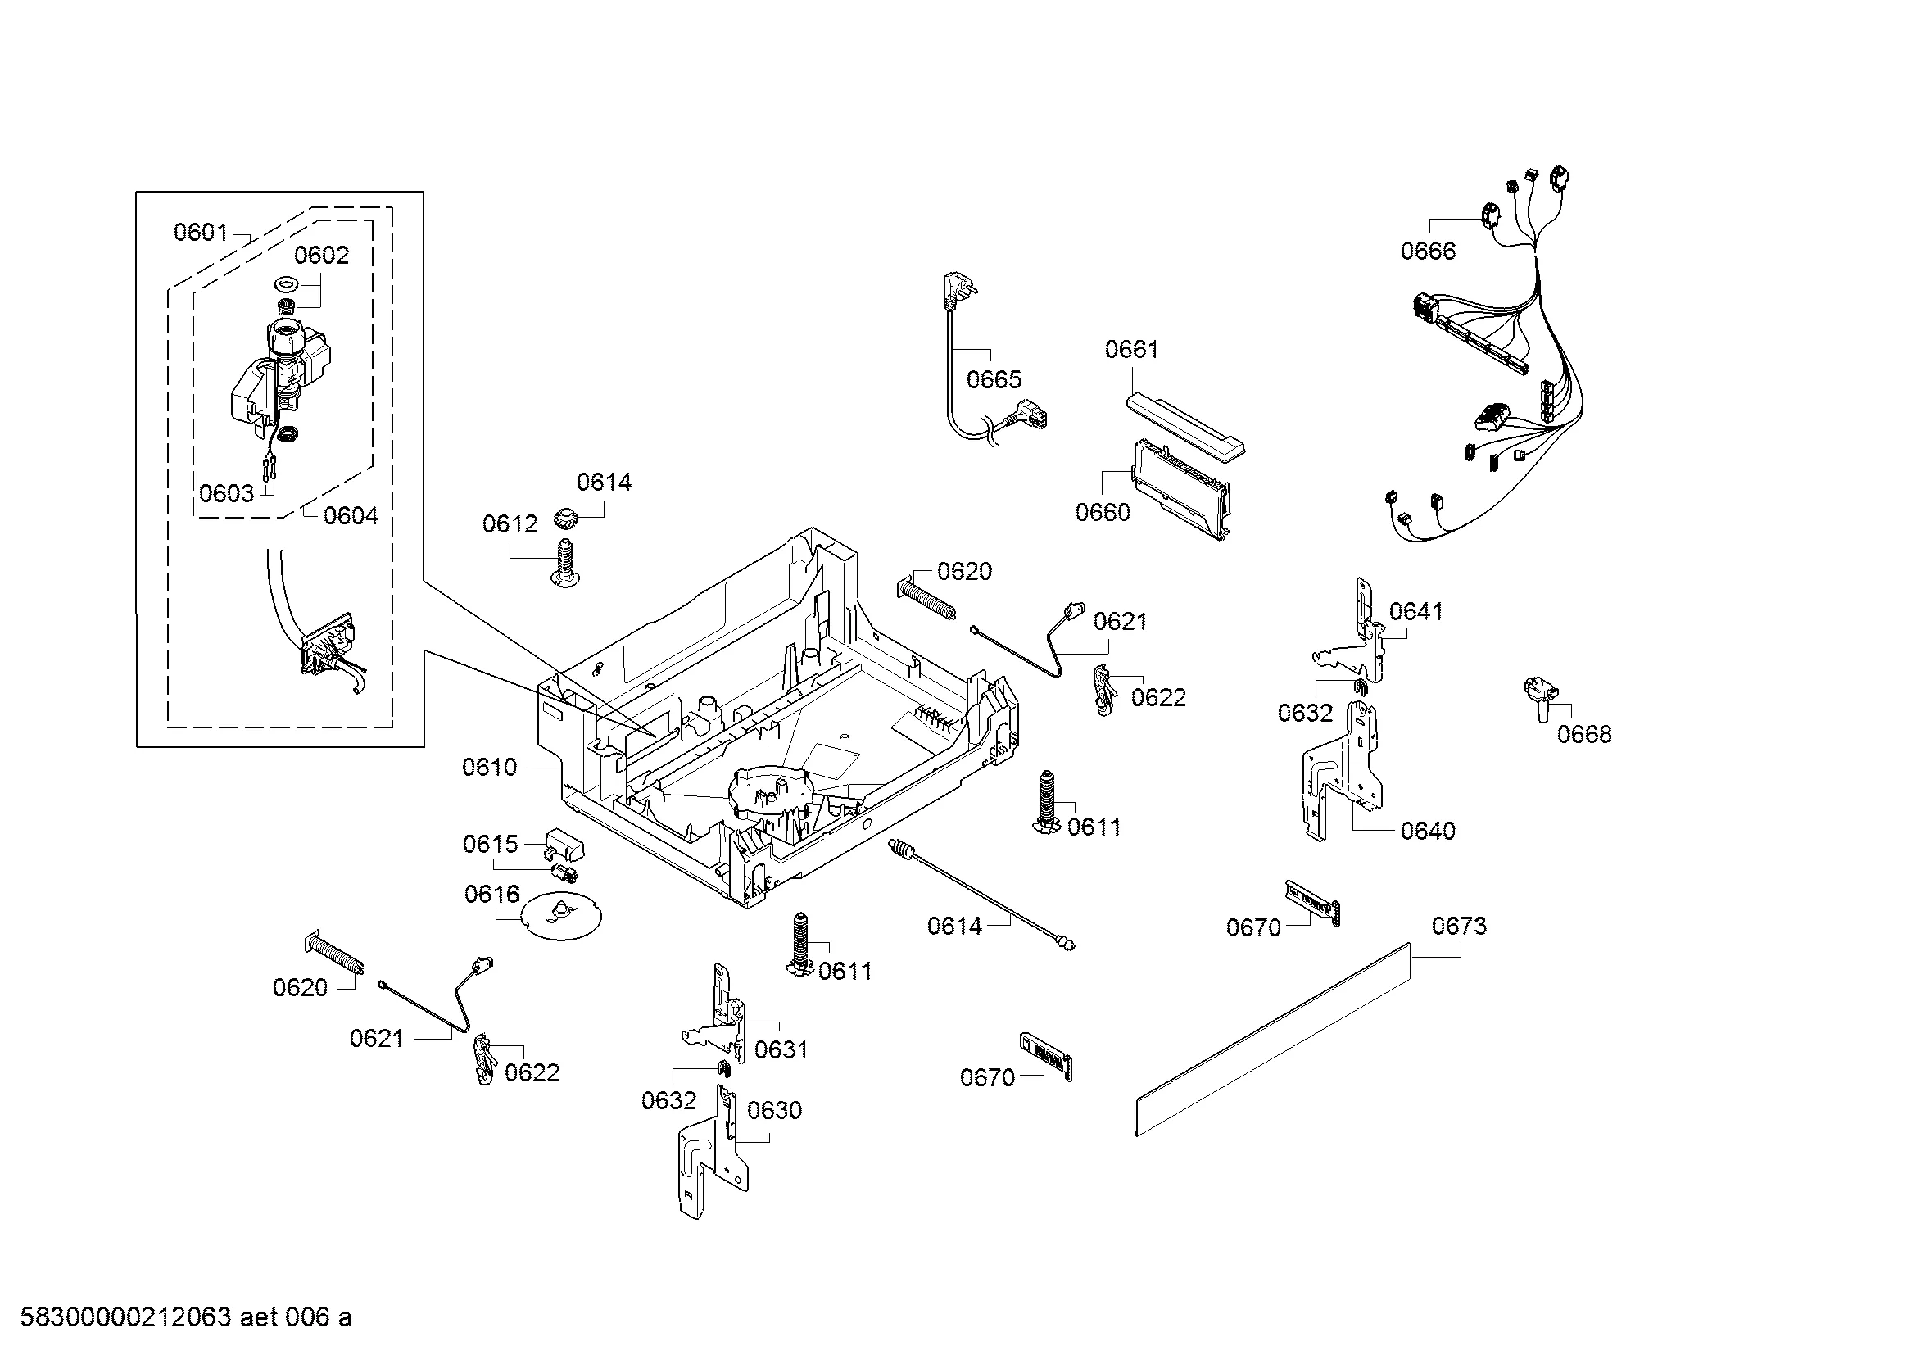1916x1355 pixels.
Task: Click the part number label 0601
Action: coord(200,232)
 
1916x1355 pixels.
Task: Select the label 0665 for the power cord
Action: coord(994,379)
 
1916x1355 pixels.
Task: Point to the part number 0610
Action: coord(490,767)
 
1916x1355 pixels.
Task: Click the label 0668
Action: coord(1584,734)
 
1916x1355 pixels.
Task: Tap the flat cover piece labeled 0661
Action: coord(1185,425)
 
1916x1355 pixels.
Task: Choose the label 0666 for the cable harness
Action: coord(1428,251)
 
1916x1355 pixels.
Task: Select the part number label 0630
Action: coord(774,1110)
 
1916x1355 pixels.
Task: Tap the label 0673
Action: coord(1460,927)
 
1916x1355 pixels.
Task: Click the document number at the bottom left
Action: coord(185,1317)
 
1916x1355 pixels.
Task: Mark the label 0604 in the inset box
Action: coord(351,515)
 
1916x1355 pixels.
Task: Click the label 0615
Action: coord(491,845)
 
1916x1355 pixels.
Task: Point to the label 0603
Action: coord(226,493)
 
